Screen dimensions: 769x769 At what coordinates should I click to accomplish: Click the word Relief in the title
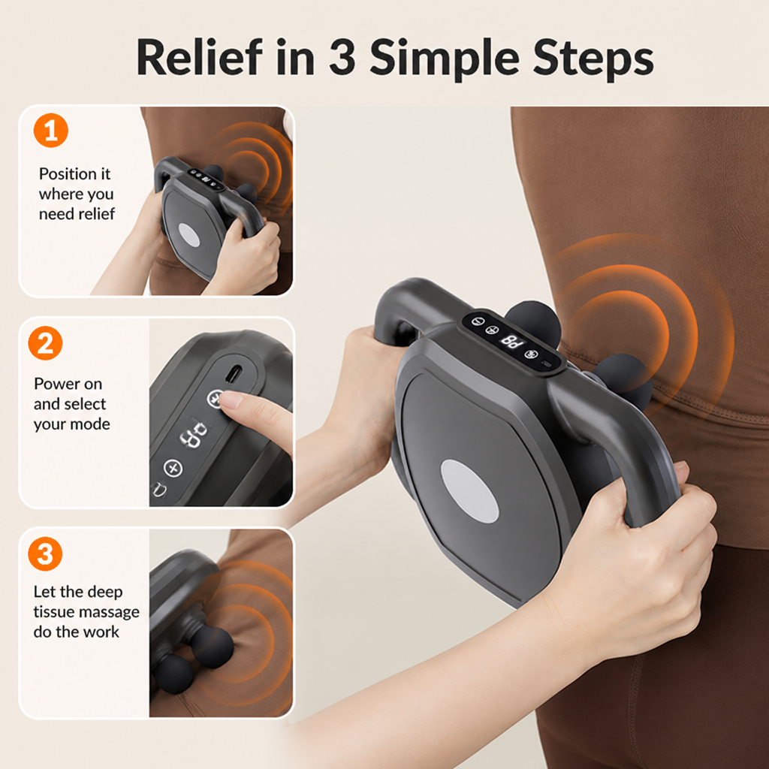pyautogui.click(x=200, y=57)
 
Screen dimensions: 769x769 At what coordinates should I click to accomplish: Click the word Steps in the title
pyautogui.click(x=593, y=59)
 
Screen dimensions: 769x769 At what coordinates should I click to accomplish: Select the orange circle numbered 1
pyautogui.click(x=51, y=131)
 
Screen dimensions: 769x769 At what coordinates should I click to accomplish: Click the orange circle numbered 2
pyautogui.click(x=45, y=343)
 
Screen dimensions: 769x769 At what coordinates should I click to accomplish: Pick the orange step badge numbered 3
pyautogui.click(x=45, y=553)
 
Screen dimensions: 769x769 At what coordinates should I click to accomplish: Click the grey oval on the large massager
pyautogui.click(x=469, y=491)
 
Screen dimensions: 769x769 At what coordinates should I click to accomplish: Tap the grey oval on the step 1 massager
pyautogui.click(x=188, y=235)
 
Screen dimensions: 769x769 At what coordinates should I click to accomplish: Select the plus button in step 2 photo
pyautogui.click(x=173, y=467)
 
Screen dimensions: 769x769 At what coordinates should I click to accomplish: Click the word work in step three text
pyautogui.click(x=102, y=632)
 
